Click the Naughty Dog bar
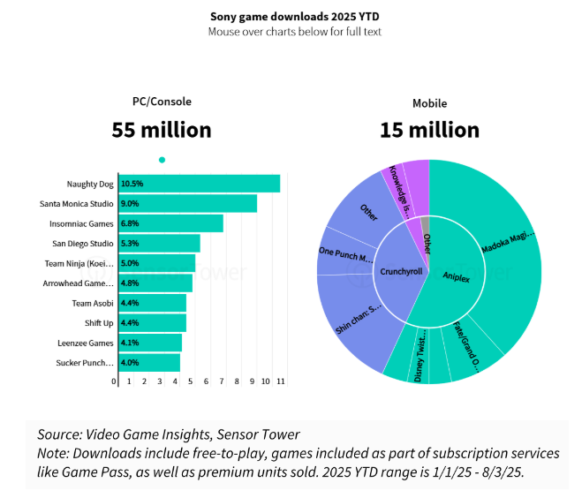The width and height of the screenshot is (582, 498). pos(199,184)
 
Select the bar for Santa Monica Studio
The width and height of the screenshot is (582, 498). pos(187,204)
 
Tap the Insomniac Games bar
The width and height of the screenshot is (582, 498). pos(170,223)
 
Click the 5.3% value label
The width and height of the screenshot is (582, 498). pos(132,244)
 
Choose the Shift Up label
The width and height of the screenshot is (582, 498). pos(98,322)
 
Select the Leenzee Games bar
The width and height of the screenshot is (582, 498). pos(149,343)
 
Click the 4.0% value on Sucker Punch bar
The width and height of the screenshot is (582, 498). pos(132,363)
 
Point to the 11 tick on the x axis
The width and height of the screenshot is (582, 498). pos(281,381)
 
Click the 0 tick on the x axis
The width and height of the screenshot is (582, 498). pos(114,381)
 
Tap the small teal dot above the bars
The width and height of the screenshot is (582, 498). pos(162,160)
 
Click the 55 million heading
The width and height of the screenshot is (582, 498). pos(162,130)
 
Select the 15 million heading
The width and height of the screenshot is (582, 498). pos(429,130)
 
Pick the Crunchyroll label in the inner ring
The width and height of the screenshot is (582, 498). pos(402,273)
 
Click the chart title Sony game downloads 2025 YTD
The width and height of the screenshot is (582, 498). pos(291,16)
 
